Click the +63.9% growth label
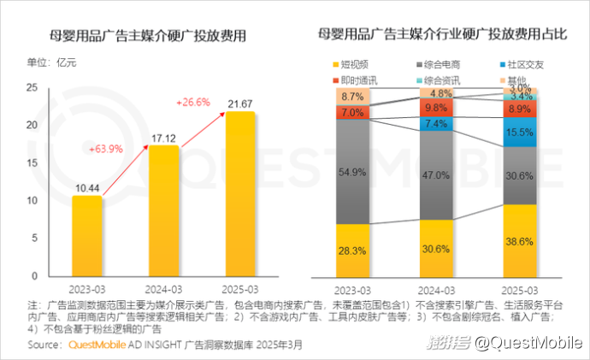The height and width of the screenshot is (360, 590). click(x=106, y=149)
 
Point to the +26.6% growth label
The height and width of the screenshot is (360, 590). click(x=193, y=103)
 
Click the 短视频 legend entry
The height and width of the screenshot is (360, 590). click(x=351, y=64)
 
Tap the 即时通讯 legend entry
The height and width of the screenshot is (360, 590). click(x=351, y=80)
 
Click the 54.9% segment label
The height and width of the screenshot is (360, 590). click(x=352, y=172)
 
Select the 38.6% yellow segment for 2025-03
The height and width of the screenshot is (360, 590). click(x=520, y=242)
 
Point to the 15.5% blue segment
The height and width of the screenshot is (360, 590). click(x=520, y=133)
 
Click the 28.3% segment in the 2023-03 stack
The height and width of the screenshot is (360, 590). click(x=352, y=250)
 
